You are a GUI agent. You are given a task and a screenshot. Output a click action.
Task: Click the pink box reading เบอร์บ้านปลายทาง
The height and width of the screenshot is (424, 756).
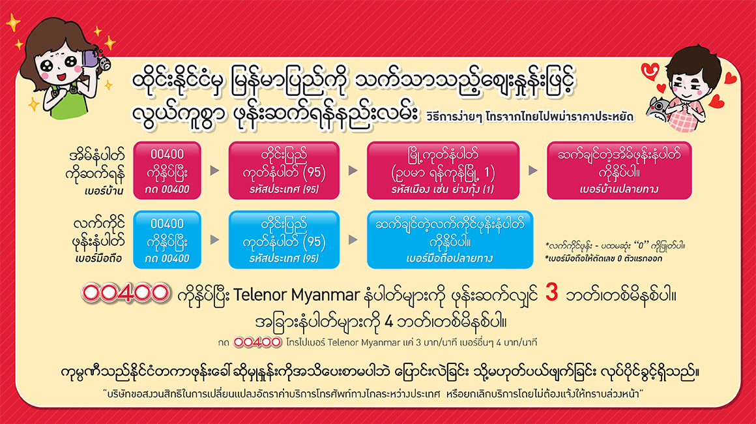[x=619, y=170]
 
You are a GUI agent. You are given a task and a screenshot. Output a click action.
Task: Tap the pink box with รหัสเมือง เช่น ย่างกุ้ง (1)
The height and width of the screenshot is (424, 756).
[x=443, y=170]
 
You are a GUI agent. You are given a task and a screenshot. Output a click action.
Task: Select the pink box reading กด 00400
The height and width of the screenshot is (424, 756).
[x=167, y=170]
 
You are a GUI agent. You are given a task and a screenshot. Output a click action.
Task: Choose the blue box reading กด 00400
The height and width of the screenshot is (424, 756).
[x=167, y=240]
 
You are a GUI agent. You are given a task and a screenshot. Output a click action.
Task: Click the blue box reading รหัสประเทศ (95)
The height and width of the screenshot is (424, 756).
[x=284, y=240]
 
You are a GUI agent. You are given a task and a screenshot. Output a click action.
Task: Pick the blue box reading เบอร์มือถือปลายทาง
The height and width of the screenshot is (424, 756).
[x=450, y=240]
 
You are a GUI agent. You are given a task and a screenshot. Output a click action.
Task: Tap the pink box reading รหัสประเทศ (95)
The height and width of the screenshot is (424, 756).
[x=284, y=170]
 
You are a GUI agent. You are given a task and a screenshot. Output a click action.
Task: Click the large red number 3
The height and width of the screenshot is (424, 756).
[x=551, y=292]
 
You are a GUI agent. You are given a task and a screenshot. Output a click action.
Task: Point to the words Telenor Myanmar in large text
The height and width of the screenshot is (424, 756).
[x=297, y=295]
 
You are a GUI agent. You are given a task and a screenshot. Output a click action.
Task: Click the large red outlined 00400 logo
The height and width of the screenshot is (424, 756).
[x=125, y=294]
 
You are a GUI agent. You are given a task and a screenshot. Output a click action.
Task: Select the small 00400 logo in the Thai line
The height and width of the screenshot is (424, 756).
[x=257, y=342]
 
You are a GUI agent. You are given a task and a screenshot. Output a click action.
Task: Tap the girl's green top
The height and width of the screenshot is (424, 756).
[x=68, y=104]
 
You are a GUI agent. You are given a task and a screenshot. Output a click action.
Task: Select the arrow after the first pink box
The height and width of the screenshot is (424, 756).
[x=214, y=170]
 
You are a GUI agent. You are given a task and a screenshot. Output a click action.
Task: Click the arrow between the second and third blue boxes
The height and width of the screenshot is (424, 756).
[x=353, y=240]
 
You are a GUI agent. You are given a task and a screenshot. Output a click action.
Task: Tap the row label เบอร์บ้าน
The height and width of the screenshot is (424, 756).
[x=104, y=192]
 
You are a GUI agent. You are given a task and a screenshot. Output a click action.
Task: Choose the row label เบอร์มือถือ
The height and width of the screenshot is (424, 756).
[x=98, y=259]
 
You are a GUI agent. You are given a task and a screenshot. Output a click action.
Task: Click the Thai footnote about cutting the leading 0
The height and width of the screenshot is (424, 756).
[x=603, y=258]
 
